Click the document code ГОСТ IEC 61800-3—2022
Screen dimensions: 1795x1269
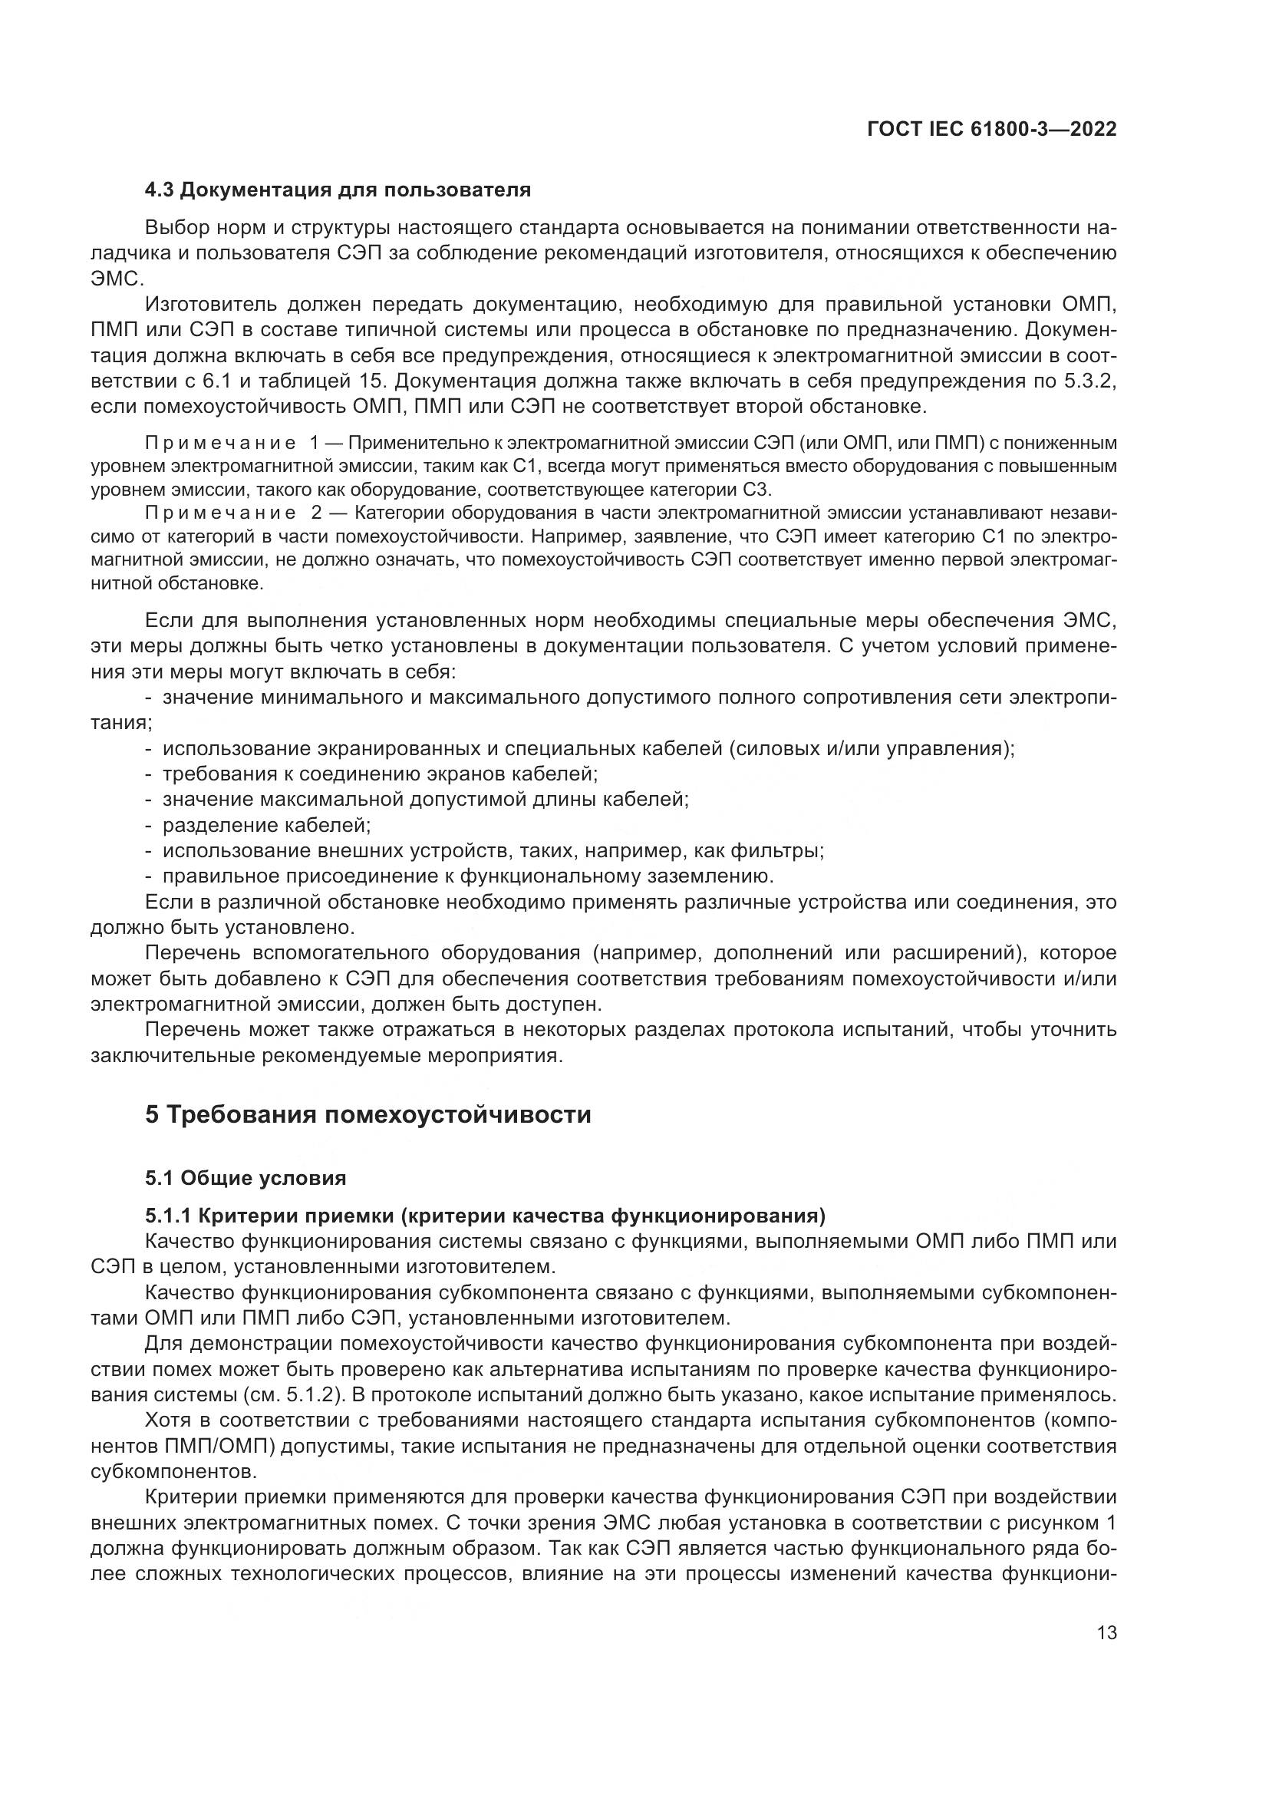(x=991, y=130)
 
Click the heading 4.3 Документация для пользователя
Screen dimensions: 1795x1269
(x=338, y=190)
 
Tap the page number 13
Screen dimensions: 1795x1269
(x=1106, y=1632)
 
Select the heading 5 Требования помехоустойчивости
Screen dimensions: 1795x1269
(x=368, y=1114)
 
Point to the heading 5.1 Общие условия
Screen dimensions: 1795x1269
(x=246, y=1177)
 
